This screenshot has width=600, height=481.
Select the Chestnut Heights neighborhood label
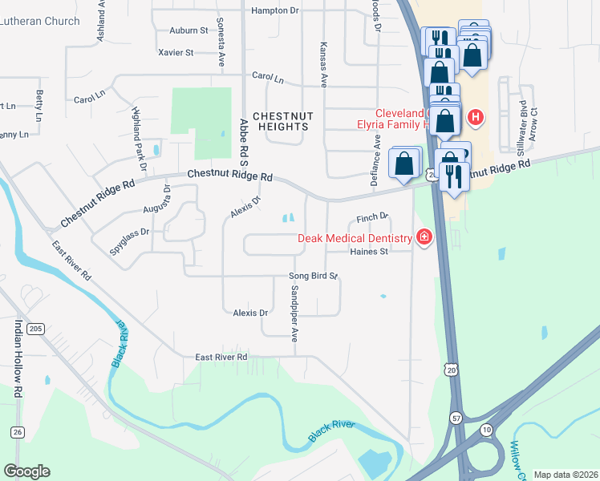pyautogui.click(x=282, y=121)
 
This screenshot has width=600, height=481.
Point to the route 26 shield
pyautogui.click(x=18, y=432)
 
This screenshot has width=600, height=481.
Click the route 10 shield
pyautogui.click(x=486, y=431)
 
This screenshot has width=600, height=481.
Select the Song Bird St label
pyautogui.click(x=314, y=276)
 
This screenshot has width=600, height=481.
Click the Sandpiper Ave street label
pyautogui.click(x=294, y=309)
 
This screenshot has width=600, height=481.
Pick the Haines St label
pyautogui.click(x=369, y=251)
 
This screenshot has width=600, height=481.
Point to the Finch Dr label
pyautogui.click(x=372, y=216)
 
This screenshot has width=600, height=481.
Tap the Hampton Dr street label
pyautogui.click(x=274, y=10)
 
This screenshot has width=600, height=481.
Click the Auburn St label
pyautogui.click(x=189, y=30)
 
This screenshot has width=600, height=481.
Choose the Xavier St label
pyautogui.click(x=177, y=53)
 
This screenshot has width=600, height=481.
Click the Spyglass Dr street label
pyautogui.click(x=129, y=238)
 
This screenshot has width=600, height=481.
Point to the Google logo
pyautogui.click(x=26, y=471)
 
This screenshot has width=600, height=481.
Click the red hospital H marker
pyautogui.click(x=476, y=118)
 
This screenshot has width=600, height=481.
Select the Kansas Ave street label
pyautogui.click(x=324, y=65)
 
